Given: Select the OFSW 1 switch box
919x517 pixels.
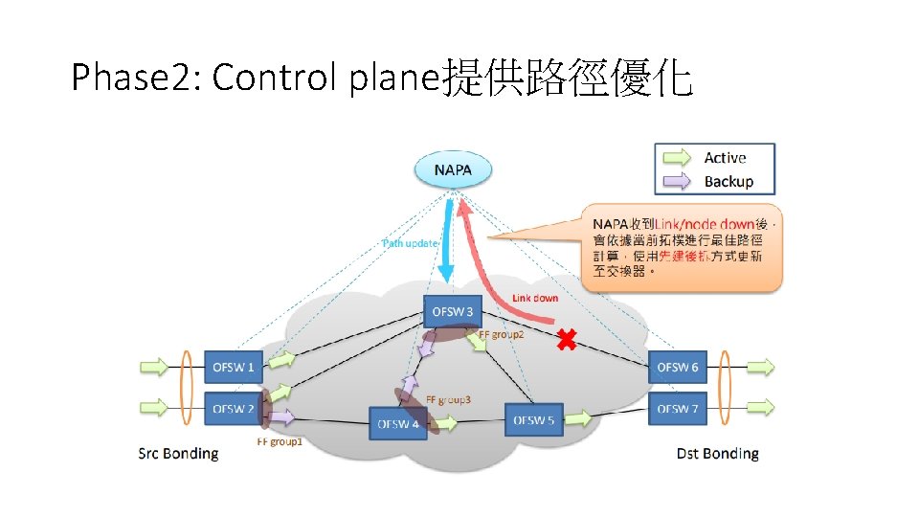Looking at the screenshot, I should coord(233,367).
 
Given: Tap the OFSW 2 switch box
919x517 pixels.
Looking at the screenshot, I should coord(233,409).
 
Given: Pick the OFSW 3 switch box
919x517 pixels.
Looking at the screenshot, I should coord(452,311).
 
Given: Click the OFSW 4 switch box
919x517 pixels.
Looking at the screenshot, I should coord(398,423).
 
